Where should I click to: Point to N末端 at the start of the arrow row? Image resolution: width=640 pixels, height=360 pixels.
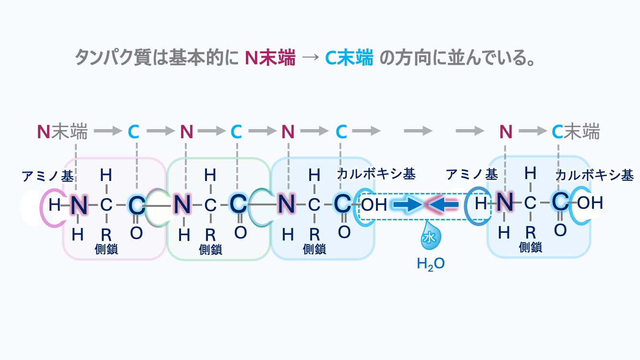point(62,131)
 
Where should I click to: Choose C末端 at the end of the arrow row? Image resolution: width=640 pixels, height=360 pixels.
point(576,131)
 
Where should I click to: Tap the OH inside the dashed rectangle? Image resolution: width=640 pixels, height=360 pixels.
point(374,205)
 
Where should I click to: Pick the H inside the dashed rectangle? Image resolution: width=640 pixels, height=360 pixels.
point(480,204)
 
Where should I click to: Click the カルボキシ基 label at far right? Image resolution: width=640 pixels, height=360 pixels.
point(594,175)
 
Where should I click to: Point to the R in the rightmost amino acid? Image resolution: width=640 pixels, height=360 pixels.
point(530,232)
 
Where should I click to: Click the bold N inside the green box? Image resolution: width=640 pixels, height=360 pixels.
point(182,205)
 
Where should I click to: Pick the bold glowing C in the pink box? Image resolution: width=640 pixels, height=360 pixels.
point(136,205)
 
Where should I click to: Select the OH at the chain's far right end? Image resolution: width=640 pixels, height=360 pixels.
point(590,203)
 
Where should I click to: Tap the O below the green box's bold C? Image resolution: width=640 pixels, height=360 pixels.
point(240,232)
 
